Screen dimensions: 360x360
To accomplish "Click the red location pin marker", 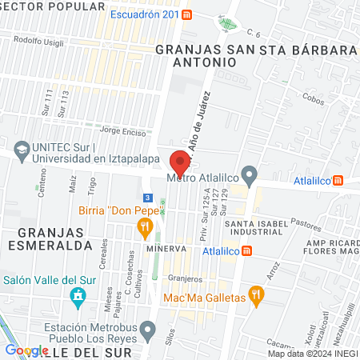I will (x=180, y=162).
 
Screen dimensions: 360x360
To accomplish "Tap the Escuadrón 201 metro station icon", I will (x=186, y=14).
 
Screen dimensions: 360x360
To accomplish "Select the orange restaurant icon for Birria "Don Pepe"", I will (x=145, y=227).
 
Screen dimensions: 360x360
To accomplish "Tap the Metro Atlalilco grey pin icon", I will (x=250, y=174).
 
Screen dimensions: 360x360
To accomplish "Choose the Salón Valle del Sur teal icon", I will (x=77, y=298).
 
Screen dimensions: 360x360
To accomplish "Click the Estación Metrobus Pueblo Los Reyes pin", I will (x=147, y=329).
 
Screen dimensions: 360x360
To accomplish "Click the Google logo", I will (x=26, y=350).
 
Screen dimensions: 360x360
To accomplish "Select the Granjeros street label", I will (x=185, y=278).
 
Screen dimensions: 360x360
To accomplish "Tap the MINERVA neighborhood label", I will (x=166, y=248).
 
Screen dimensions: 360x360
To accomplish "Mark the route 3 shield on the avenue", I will (x=146, y=197).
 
